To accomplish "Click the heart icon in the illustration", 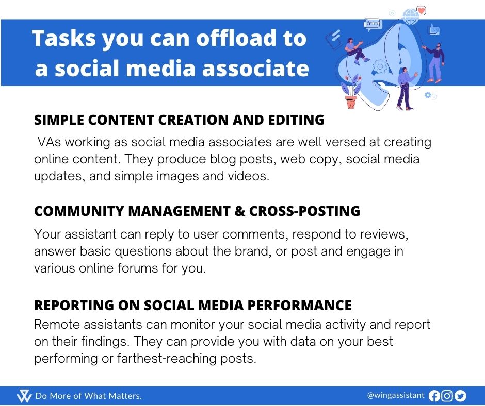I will [422, 10].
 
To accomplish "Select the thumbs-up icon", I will [434, 30].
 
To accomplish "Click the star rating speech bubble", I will [373, 23].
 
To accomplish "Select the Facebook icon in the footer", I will [434, 396].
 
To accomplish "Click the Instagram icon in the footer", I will [447, 396].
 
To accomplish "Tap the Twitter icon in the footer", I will [460, 396].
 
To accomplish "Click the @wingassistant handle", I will [395, 395].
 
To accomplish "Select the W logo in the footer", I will [24, 396].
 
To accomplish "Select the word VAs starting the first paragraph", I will [48, 142].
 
